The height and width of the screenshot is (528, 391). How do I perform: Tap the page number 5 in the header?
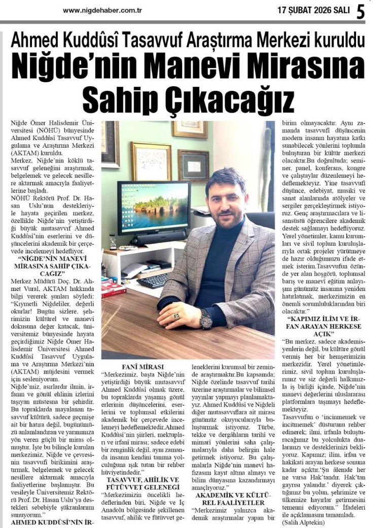361,11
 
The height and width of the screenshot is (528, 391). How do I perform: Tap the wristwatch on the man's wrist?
206,319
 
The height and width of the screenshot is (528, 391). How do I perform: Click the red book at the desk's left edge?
114,290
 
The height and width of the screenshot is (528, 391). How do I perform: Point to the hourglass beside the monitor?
113,242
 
